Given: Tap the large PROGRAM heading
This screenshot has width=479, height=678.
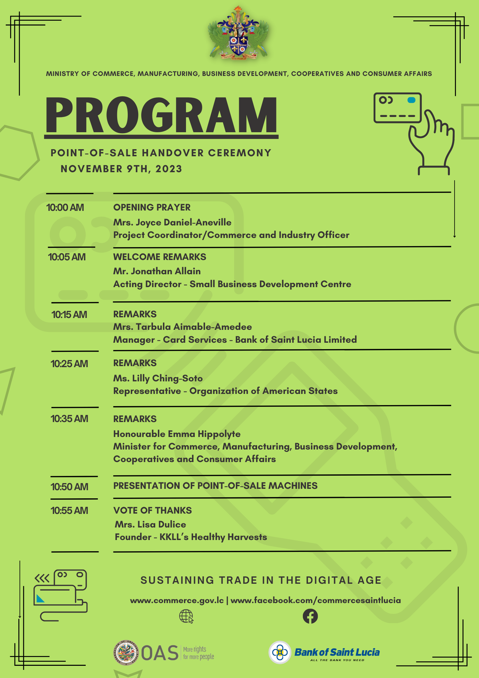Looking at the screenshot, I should pos(161,115).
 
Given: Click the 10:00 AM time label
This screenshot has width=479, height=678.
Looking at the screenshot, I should pos(65,207).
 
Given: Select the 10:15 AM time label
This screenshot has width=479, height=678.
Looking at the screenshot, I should pos(69,315).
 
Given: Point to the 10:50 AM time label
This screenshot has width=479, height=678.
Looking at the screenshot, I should pos(69,487).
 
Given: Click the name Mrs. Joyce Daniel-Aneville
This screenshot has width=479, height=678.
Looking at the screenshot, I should pos(172,222).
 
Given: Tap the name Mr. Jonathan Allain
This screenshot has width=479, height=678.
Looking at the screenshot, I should pos(157,271).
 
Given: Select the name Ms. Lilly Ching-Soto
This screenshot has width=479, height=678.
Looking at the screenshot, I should pos(158,378).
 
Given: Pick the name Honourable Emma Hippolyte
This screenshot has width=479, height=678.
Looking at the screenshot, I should pos(177,434).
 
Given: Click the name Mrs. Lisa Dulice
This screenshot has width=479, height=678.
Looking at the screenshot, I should pos(150,524).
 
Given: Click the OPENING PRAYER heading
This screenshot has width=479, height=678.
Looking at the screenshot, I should pos(152,207).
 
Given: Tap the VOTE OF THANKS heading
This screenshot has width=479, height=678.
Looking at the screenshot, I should pos(152,511).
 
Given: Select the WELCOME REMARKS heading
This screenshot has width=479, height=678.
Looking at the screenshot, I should pos(160,257).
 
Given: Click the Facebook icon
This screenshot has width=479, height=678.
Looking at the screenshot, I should pos(310,616).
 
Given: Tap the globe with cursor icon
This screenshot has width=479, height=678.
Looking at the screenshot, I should pos(186,616).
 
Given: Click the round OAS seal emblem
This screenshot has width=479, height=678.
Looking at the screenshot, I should pos(126,653).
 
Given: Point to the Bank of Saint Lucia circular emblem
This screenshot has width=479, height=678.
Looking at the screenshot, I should pos(280,652).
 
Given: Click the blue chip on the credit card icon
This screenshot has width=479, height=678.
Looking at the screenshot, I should pos(411,100).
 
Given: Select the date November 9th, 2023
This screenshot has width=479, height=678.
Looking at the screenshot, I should pos(121,169).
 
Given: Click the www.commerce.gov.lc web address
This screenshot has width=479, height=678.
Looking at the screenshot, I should pos(177,600).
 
